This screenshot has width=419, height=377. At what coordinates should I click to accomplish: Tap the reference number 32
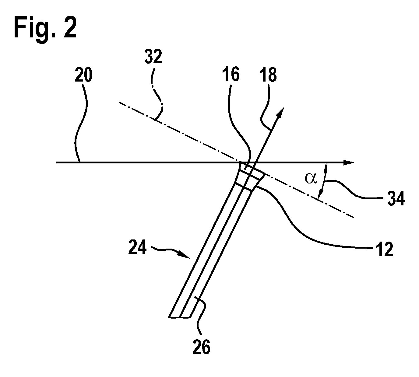(x=153, y=57)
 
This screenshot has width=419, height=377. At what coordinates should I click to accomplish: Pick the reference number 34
(x=396, y=199)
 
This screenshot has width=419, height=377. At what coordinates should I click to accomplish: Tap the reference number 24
(x=137, y=247)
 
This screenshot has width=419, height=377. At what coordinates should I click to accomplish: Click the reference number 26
(x=201, y=347)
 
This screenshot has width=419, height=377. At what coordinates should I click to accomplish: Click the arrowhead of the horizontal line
(x=348, y=162)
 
